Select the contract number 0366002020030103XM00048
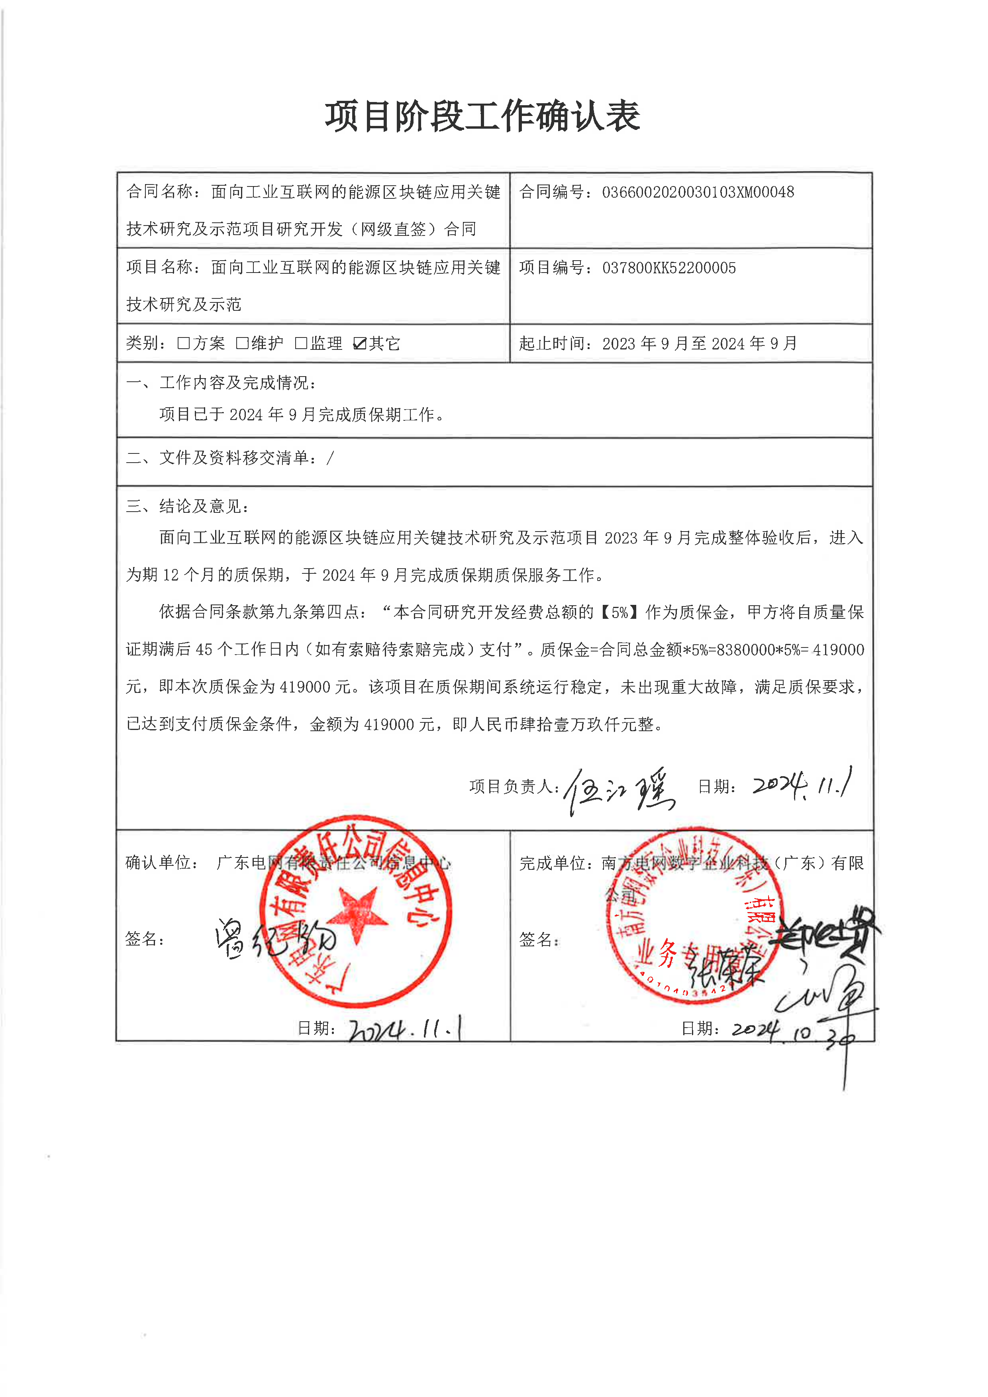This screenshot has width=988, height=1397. pyautogui.click(x=698, y=192)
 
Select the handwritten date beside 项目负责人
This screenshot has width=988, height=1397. pyautogui.click(x=802, y=785)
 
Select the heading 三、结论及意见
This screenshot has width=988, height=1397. pyautogui.click(x=187, y=506)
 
